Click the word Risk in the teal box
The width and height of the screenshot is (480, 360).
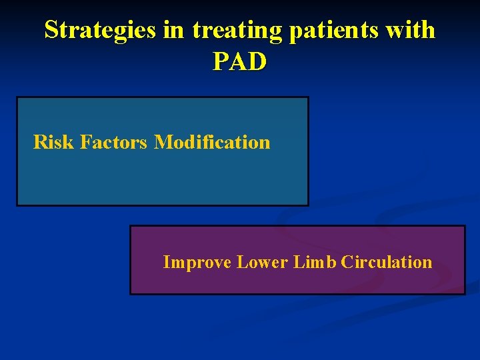(53, 142)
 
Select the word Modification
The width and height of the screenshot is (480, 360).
(212, 142)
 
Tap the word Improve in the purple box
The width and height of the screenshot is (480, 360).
(197, 263)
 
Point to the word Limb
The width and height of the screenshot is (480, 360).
(315, 262)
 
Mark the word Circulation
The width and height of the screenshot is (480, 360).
(386, 262)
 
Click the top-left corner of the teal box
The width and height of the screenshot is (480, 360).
(17, 98)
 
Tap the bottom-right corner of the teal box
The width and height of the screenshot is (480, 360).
(308, 205)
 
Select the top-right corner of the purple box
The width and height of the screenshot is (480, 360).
(464, 227)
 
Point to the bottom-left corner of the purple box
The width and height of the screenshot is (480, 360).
(131, 293)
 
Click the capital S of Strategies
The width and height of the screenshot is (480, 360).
(51, 30)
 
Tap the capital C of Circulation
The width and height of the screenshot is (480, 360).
(347, 262)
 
